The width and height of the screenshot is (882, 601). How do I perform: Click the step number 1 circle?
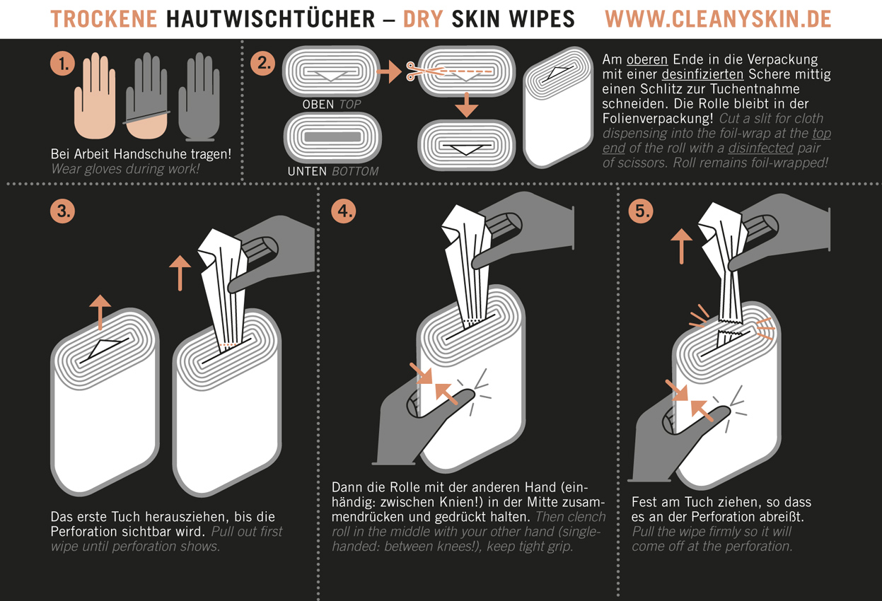click(x=63, y=64)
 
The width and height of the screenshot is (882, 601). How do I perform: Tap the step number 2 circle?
click(x=263, y=64)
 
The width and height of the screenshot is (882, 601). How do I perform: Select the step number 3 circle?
click(x=63, y=211)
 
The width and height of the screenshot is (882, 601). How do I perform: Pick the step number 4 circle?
click(x=344, y=211)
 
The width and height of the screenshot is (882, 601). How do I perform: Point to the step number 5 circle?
click(x=641, y=211)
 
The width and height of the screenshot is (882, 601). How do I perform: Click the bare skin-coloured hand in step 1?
click(x=95, y=95)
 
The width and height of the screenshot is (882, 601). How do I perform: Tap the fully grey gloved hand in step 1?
click(x=199, y=96)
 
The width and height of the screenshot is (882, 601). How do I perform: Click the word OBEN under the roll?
click(x=318, y=105)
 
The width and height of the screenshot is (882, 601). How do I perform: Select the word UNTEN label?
click(x=307, y=172)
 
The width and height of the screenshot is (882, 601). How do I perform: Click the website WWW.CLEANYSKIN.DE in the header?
click(x=718, y=19)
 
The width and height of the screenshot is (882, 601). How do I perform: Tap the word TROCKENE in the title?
click(x=104, y=19)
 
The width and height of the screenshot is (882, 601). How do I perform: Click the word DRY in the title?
click(x=423, y=19)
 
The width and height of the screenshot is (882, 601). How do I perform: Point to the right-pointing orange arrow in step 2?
click(x=389, y=71)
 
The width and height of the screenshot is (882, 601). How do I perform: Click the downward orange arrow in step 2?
click(x=467, y=105)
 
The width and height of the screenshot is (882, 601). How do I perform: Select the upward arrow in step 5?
click(x=681, y=246)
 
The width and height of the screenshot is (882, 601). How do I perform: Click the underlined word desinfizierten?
click(x=702, y=74)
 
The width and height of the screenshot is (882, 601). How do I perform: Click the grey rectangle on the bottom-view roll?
click(x=332, y=137)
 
